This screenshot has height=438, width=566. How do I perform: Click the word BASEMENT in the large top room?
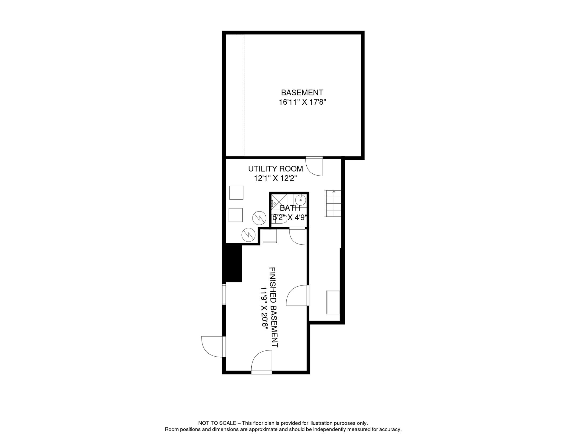click(302, 93)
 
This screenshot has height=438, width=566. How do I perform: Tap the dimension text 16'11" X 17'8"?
click(302, 102)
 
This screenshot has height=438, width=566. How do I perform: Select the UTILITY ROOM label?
click(275, 169)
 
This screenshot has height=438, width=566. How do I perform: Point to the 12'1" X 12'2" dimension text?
click(275, 179)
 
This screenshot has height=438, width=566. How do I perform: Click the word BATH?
click(290, 208)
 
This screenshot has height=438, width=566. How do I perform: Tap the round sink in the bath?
click(300, 200)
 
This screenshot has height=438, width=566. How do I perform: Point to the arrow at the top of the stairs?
click(334, 192)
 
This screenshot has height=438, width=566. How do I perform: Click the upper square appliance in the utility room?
click(236, 193)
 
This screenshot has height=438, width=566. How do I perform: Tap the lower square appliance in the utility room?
click(235, 215)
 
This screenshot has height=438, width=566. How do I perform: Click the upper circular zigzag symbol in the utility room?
click(259, 218)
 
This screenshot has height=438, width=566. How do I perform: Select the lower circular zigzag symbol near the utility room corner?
click(248, 235)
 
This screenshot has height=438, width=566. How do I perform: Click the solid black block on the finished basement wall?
click(233, 263)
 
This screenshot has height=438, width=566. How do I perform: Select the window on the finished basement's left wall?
click(224, 294)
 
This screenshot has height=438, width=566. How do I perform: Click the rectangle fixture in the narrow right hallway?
click(333, 302)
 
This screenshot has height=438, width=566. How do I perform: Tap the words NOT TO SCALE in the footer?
click(217, 423)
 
